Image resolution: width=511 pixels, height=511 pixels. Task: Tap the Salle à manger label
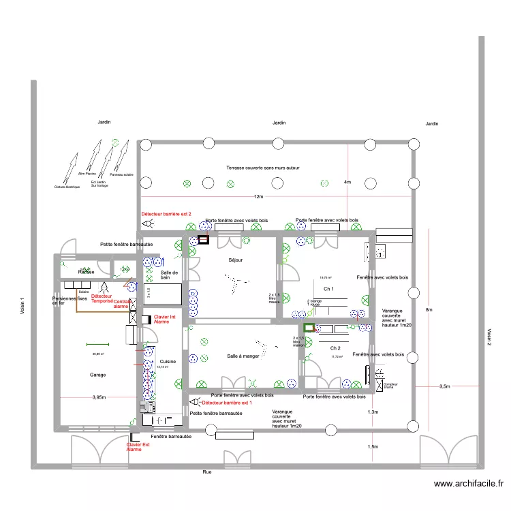click(x=243, y=356)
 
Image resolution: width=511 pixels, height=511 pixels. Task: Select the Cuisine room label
click(x=168, y=362)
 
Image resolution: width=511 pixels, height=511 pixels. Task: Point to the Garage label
click(x=98, y=375)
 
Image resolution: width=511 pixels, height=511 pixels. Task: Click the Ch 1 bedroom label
click(x=329, y=290)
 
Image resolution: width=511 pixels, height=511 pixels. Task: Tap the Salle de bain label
click(x=169, y=275)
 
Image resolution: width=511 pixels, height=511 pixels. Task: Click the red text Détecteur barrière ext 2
click(x=166, y=214)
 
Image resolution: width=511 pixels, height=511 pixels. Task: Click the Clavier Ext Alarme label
click(x=138, y=447)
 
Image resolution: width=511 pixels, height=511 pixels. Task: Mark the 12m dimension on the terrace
click(x=258, y=197)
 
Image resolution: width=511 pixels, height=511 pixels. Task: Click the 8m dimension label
click(x=429, y=310)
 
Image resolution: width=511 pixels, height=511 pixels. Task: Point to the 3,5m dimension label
click(x=444, y=386)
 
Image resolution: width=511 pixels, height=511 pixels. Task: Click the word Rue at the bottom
click(x=206, y=471)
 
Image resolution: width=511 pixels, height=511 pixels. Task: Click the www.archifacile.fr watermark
click(x=469, y=484)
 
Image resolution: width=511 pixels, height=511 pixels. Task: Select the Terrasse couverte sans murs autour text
click(x=263, y=167)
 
